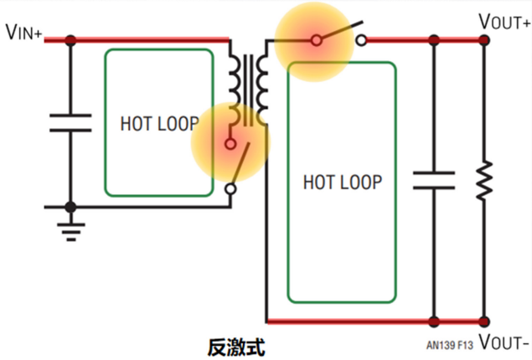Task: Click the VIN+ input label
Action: click(26, 33)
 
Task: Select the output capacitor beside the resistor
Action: click(434, 180)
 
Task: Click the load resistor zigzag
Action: click(484, 180)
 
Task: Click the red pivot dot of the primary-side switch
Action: click(231, 144)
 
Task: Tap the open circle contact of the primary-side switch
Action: click(231, 189)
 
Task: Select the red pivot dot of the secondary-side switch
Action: click(317, 39)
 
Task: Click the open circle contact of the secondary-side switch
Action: click(361, 39)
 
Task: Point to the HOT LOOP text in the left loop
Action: click(160, 124)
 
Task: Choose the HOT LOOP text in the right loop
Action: click(342, 181)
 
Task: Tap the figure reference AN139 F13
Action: click(450, 344)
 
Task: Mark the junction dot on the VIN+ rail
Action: click(70, 39)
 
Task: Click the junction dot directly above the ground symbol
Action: click(70, 206)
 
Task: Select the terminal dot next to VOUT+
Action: click(484, 39)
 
